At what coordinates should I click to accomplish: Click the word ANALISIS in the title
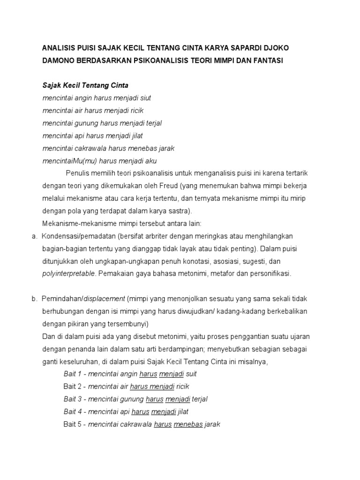[x=59, y=48]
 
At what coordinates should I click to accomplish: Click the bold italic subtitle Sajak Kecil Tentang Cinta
[x=85, y=86]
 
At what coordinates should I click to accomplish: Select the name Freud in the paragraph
[x=167, y=186]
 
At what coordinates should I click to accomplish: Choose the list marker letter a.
[x=34, y=236]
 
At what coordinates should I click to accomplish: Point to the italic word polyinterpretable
[x=68, y=273]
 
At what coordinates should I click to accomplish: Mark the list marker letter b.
[x=34, y=299]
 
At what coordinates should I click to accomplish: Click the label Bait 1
[x=72, y=374]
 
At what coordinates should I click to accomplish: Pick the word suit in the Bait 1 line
[x=191, y=374]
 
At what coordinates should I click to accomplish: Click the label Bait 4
[x=72, y=412]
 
